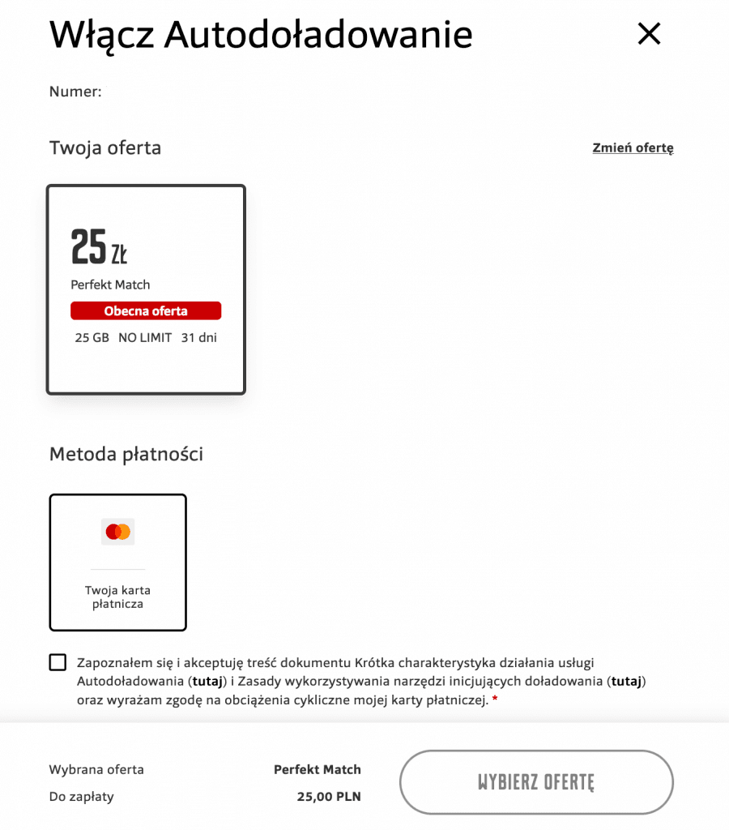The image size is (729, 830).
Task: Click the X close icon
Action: pos(650,34)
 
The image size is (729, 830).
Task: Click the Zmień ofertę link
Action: pos(633,148)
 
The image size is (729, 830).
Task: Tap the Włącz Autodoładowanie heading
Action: pos(261,35)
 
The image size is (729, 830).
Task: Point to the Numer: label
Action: pos(75,92)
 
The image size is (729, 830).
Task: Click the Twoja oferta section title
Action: pos(105,148)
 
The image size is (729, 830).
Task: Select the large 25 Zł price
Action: pos(99,247)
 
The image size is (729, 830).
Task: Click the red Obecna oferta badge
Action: pos(146,311)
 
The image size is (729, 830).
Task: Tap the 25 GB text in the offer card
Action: pos(92,338)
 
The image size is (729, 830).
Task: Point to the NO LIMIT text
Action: pos(145,338)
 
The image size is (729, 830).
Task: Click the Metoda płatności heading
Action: pos(126,454)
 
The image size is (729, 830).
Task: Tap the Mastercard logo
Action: pos(118,532)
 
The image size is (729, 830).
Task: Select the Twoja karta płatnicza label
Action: pos(118,597)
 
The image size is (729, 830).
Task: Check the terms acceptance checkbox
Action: pos(58,663)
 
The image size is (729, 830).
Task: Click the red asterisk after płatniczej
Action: pos(495,699)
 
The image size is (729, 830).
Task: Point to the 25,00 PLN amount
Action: pos(329,797)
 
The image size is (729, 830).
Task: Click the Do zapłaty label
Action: pos(82,797)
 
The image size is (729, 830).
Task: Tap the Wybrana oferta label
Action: pos(96,769)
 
